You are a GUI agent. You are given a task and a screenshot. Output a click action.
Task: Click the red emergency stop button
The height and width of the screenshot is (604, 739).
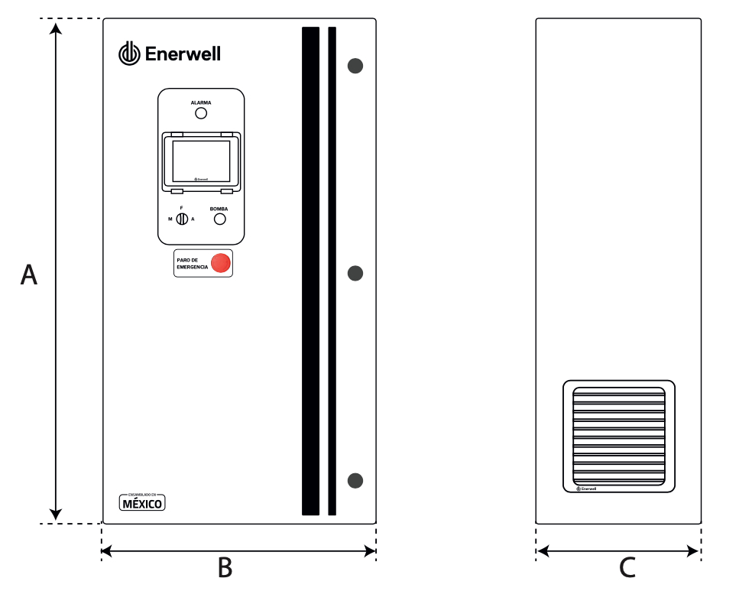pyautogui.click(x=221, y=263)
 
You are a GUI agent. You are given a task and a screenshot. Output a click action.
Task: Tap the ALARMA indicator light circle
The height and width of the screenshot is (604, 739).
pyautogui.click(x=201, y=113)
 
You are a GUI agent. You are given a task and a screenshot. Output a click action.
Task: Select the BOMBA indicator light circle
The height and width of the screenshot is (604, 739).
pyautogui.click(x=219, y=219)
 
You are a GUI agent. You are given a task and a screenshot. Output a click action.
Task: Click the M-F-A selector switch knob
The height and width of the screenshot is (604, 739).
pyautogui.click(x=182, y=219)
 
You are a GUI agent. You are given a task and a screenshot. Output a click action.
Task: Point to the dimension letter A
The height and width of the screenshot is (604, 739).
pyautogui.click(x=28, y=275)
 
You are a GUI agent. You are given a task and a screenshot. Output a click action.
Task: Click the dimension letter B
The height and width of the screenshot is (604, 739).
pyautogui.click(x=225, y=568)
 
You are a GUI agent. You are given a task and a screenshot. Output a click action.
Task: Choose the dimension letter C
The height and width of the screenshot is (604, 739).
pyautogui.click(x=627, y=568)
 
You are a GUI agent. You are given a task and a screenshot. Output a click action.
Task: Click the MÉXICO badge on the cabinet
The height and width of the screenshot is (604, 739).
pyautogui.click(x=142, y=503)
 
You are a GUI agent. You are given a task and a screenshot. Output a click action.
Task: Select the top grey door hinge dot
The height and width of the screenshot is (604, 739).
pyautogui.click(x=355, y=66)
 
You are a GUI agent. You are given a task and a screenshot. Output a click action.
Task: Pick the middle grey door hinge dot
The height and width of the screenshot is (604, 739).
pyautogui.click(x=355, y=273)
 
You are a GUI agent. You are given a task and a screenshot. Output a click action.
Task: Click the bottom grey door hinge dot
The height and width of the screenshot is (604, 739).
pyautogui.click(x=355, y=480)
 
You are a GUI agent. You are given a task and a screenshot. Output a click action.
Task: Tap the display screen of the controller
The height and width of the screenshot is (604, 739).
pyautogui.click(x=201, y=161)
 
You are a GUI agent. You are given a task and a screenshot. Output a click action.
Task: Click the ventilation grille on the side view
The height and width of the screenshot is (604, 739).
pyautogui.click(x=619, y=436)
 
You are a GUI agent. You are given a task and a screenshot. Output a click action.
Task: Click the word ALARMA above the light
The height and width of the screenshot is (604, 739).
pyautogui.click(x=201, y=102)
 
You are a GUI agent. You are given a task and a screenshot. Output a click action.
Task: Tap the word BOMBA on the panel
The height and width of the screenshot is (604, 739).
pyautogui.click(x=219, y=208)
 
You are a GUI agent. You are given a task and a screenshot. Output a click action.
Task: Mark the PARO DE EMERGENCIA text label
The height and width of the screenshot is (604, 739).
pyautogui.click(x=192, y=263)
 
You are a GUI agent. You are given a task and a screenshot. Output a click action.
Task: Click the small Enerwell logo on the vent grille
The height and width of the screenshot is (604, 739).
pyautogui.click(x=586, y=488)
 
